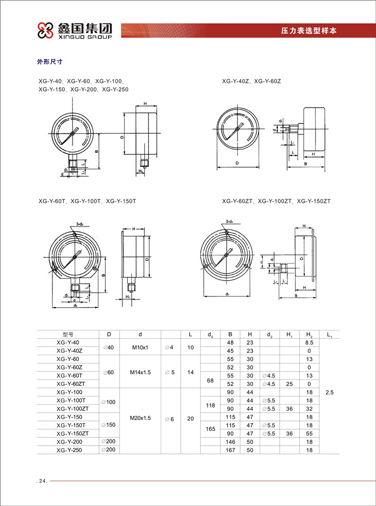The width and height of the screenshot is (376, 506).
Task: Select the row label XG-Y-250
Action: coord(69,449)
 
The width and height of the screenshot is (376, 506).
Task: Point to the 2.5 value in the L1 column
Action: coord(330,392)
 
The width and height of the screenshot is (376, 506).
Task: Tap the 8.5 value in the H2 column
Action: coord(309,342)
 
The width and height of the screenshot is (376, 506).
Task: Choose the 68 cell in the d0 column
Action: coord(210,380)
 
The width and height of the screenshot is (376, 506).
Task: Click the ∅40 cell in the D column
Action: coord(108,347)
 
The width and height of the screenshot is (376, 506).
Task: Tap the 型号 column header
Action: coord(69,334)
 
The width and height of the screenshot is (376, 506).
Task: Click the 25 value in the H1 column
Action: coord(289,384)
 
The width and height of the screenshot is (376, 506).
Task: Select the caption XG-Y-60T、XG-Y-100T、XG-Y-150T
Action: coord(88,201)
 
